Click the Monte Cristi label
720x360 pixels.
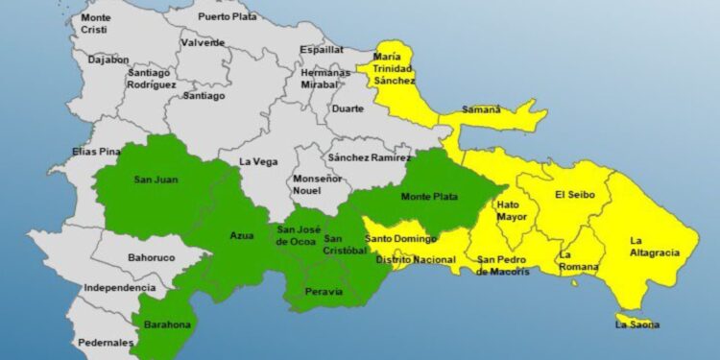tap(96, 24)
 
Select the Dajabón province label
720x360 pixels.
tap(108, 59)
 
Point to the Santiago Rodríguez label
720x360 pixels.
tap(152, 79)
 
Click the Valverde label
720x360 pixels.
tap(204, 42)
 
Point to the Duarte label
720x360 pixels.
tap(347, 108)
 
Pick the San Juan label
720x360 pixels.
tap(156, 179)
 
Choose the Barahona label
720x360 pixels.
tap(168, 324)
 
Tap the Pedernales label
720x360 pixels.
tap(107, 343)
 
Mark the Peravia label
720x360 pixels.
tap(323, 291)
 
